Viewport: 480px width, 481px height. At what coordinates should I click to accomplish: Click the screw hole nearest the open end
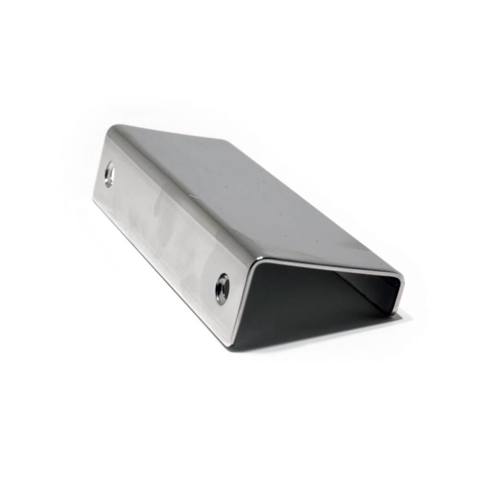[222, 289]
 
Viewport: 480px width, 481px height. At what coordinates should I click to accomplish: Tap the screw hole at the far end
[110, 174]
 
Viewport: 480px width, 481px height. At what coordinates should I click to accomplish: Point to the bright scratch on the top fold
[194, 196]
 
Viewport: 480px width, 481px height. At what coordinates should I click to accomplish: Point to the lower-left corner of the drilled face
[95, 200]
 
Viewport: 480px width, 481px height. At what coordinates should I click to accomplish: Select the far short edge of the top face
[168, 132]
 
